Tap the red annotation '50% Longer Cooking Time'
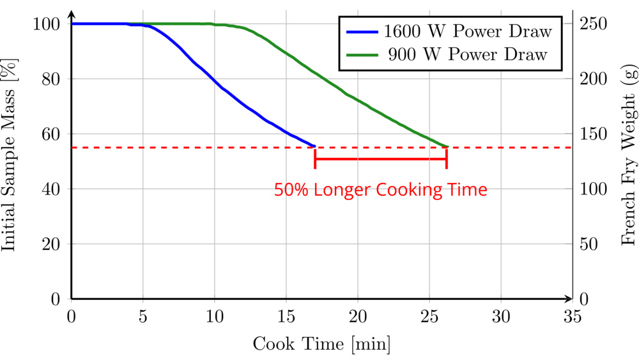coord(381,190)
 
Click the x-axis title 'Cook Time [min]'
coord(321,343)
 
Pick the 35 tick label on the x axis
coord(573,316)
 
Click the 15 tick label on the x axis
coord(286,316)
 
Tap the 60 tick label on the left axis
coord(51,134)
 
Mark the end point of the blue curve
coord(315,146)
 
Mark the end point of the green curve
coord(447,146)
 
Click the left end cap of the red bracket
coord(315,159)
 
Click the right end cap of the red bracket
coord(446,159)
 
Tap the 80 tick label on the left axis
coord(51,79)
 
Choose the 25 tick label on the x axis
coord(429,316)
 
